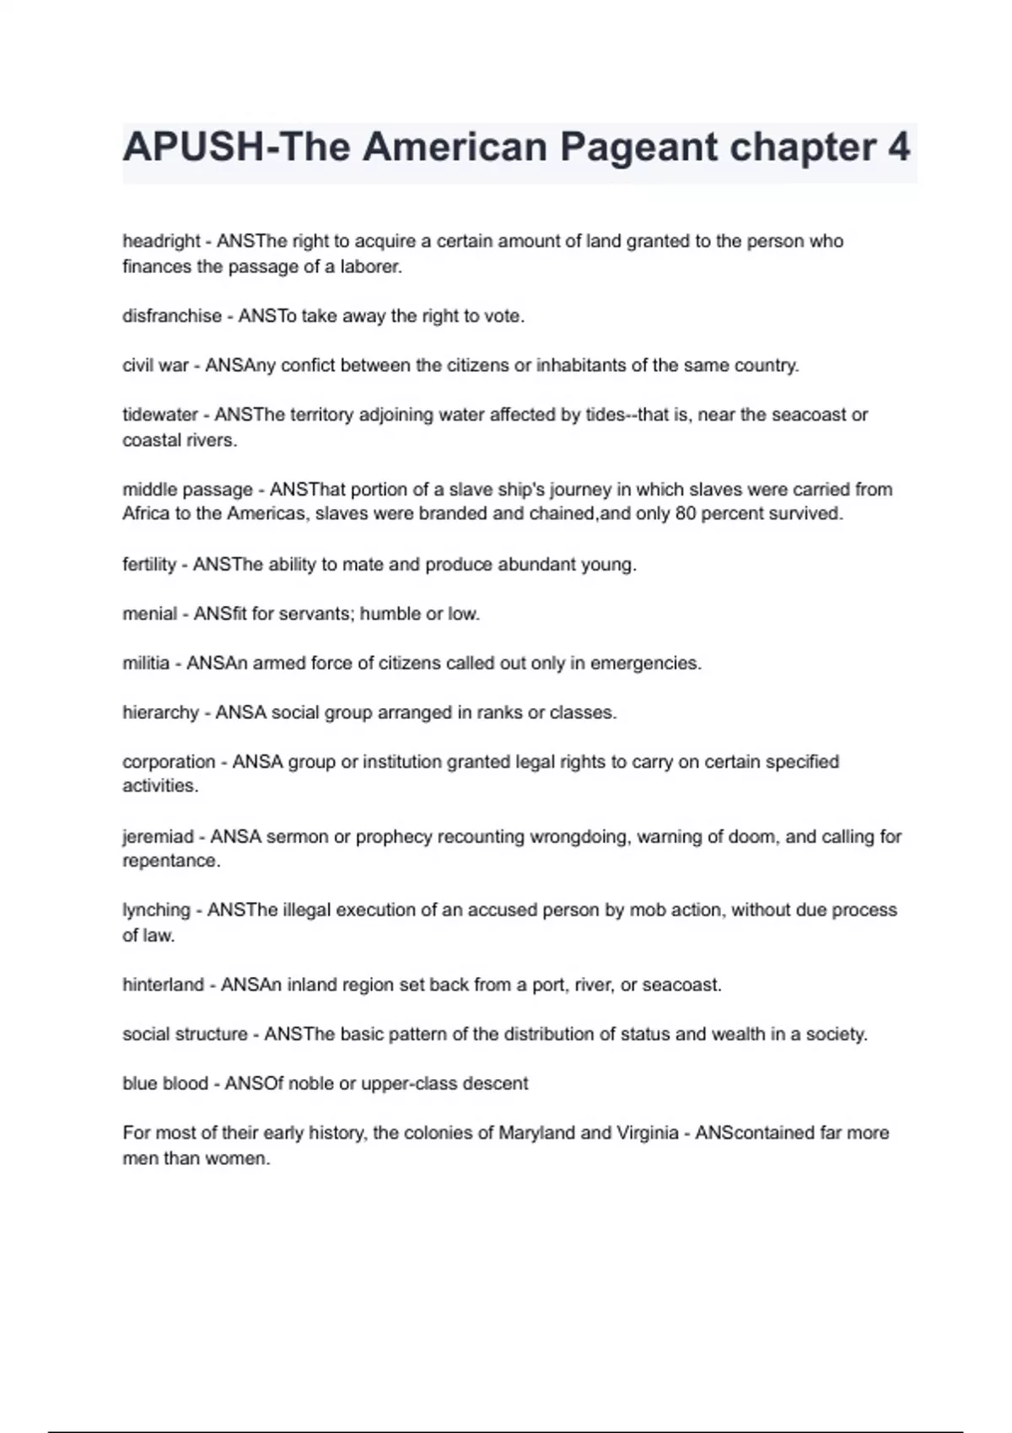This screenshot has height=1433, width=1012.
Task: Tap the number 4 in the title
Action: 899,148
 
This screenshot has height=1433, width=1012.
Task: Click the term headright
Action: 161,241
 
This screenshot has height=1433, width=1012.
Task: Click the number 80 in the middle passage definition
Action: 685,514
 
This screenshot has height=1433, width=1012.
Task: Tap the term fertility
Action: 149,565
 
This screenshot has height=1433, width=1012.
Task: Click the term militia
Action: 146,663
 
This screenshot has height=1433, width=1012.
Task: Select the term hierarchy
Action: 160,713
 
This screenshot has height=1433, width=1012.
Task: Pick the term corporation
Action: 169,762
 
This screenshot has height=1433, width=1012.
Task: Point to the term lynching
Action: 156,910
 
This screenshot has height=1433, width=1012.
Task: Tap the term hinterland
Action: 163,985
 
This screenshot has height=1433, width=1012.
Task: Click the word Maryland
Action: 536,1133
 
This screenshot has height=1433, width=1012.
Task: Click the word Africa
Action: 146,514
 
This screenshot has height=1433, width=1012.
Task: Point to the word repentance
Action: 171,861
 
